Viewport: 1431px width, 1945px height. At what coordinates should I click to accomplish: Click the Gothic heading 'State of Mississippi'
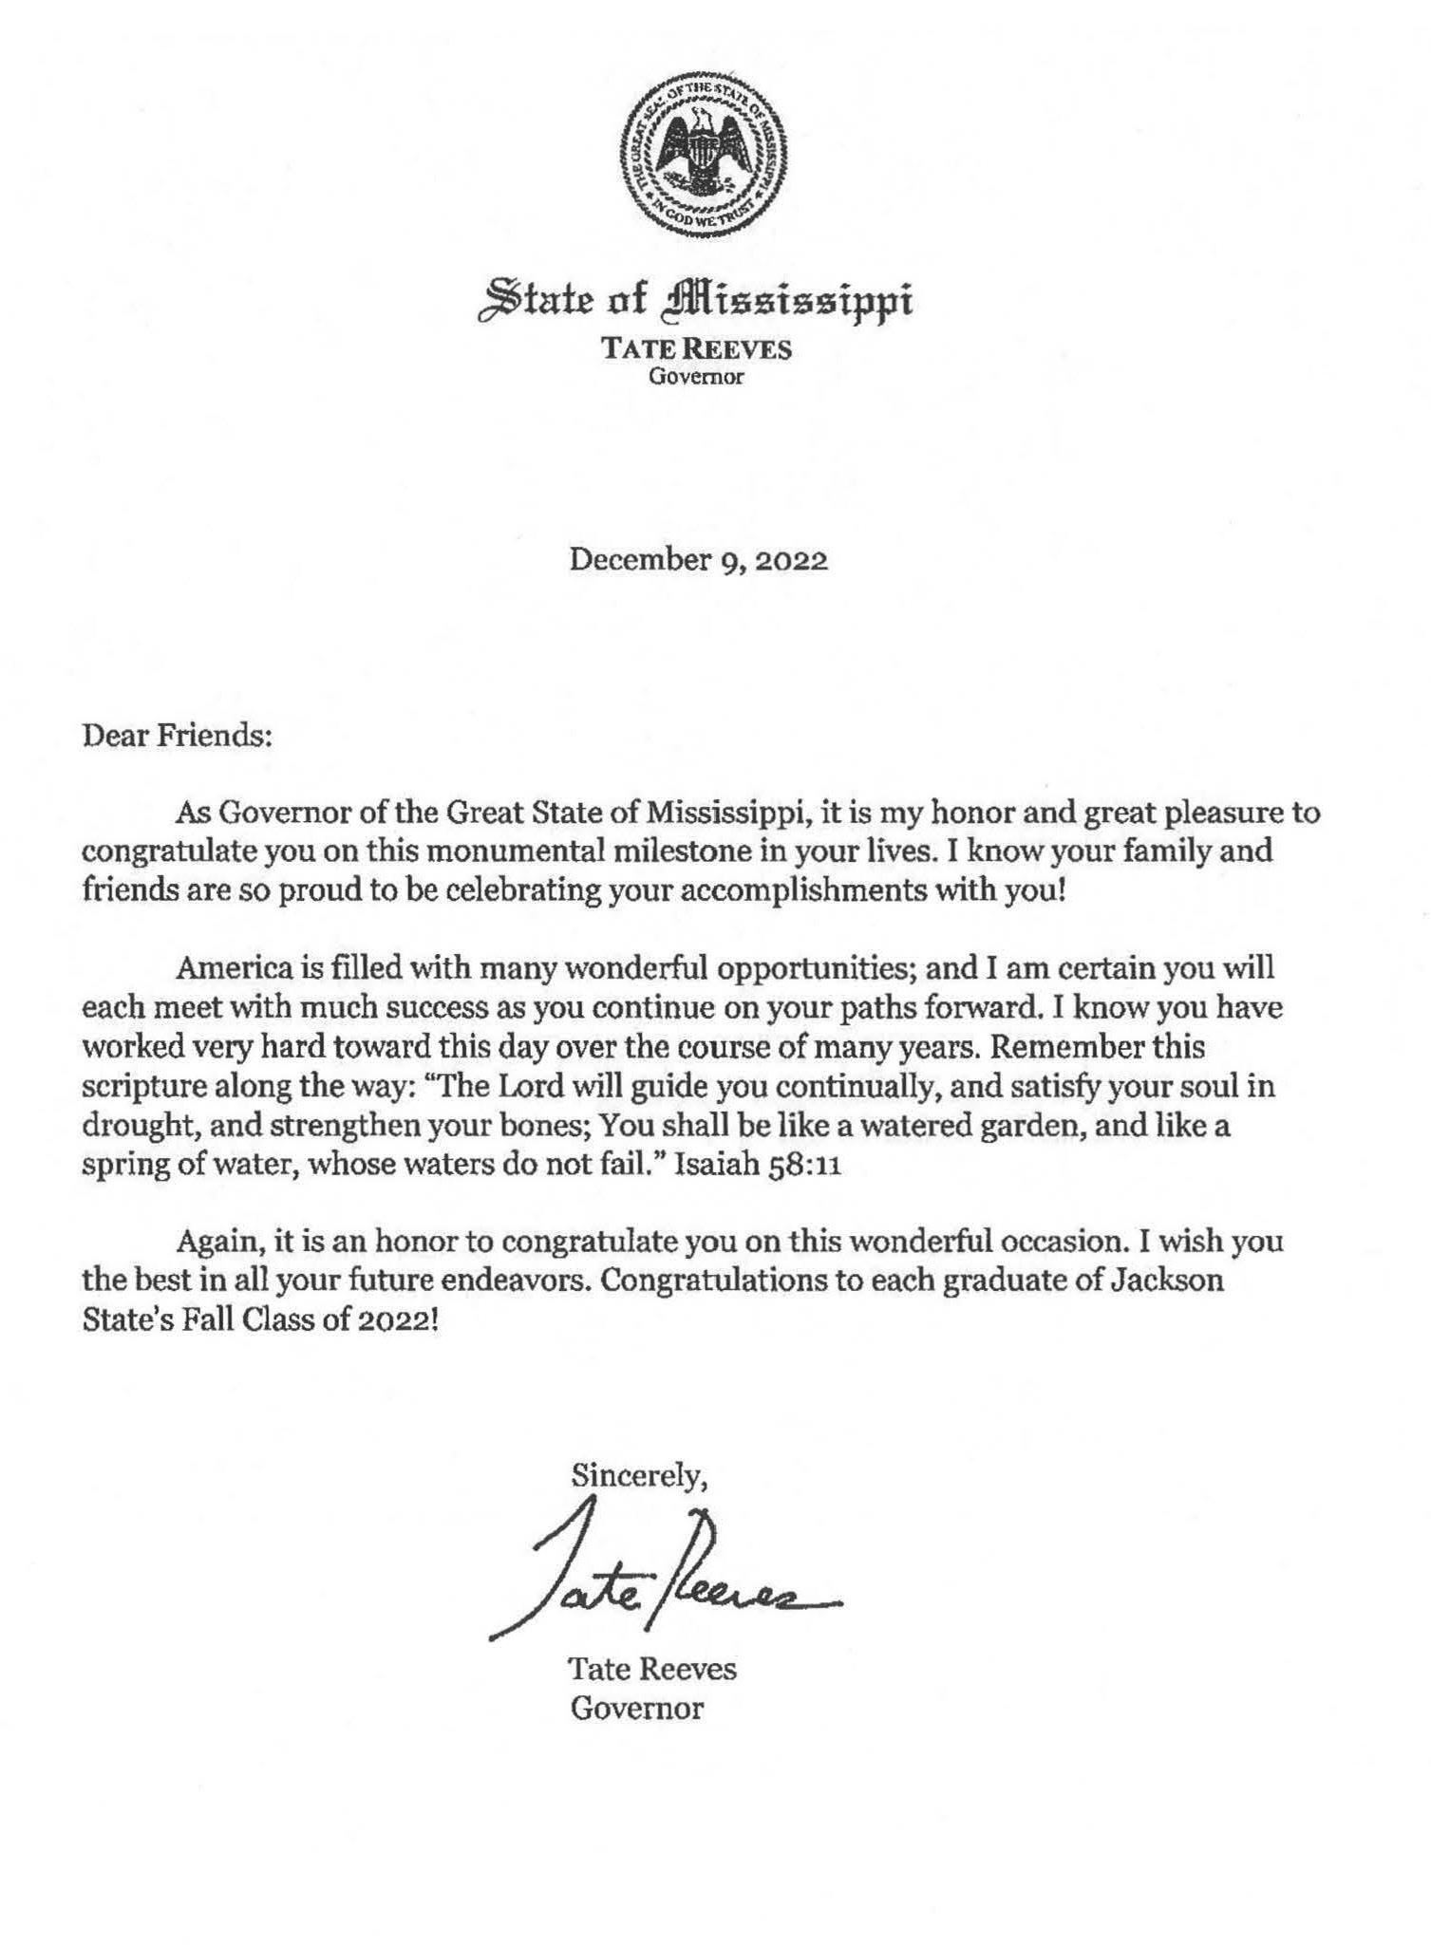click(x=698, y=299)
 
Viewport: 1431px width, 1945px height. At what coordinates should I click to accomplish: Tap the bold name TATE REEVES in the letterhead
click(x=696, y=349)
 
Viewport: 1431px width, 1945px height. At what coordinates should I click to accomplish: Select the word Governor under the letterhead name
click(x=696, y=377)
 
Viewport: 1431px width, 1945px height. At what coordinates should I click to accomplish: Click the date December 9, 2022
click(x=698, y=560)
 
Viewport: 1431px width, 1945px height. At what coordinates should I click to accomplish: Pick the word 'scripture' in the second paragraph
click(x=139, y=1087)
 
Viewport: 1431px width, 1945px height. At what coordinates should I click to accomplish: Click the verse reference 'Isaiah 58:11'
click(x=757, y=1167)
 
